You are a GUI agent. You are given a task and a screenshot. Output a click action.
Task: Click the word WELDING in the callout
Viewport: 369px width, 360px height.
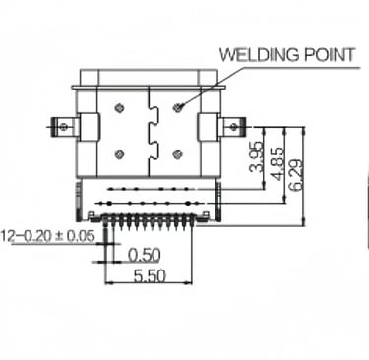260,55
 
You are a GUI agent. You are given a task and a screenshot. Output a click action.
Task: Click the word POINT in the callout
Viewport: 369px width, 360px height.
330,55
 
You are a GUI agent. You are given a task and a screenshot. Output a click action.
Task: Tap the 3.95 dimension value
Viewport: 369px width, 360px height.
257,156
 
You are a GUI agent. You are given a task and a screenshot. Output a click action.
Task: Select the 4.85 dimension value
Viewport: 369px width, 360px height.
277,163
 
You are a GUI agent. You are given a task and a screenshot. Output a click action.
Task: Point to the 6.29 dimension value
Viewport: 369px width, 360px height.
296,175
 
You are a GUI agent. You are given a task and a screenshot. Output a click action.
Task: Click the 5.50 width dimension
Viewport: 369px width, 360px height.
150,276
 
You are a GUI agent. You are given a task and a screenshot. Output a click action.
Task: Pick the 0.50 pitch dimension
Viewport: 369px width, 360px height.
145,255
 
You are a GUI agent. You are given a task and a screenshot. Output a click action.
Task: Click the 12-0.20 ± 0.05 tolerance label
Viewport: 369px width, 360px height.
48,236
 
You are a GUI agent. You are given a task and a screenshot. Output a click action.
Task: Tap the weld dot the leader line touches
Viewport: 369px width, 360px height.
178,107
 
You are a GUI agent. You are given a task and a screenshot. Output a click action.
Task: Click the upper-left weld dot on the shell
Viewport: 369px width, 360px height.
119,107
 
